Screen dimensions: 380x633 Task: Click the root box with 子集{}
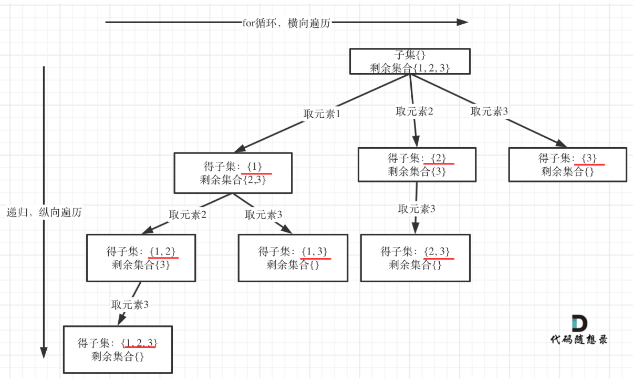pyautogui.click(x=410, y=61)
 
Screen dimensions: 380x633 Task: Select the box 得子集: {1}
pyautogui.click(x=233, y=173)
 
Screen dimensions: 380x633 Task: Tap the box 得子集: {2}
pyautogui.click(x=417, y=165)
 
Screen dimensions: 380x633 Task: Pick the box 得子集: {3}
pyautogui.click(x=567, y=165)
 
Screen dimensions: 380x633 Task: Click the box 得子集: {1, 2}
pyautogui.click(x=141, y=258)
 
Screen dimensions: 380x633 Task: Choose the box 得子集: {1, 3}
pyautogui.click(x=293, y=258)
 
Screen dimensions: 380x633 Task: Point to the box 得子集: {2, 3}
pyautogui.click(x=415, y=258)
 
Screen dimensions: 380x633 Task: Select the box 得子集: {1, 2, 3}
pyautogui.click(x=118, y=350)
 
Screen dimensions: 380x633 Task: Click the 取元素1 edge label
pyautogui.click(x=322, y=114)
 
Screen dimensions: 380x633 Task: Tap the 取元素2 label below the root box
pyautogui.click(x=414, y=111)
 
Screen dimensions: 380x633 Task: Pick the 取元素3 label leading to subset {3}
pyautogui.click(x=489, y=111)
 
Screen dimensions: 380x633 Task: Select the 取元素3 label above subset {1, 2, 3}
pyautogui.click(x=130, y=304)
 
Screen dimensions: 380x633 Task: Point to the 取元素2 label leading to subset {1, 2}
pyautogui.click(x=188, y=214)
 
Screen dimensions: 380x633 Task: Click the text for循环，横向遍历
pyautogui.click(x=286, y=23)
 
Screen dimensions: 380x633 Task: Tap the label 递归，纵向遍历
pyautogui.click(x=44, y=212)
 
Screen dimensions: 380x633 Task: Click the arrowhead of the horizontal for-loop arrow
pyautogui.click(x=462, y=22)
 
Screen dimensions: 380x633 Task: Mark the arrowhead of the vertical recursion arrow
pyautogui.click(x=44, y=353)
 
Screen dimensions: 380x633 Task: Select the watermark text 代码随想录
pyautogui.click(x=579, y=340)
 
